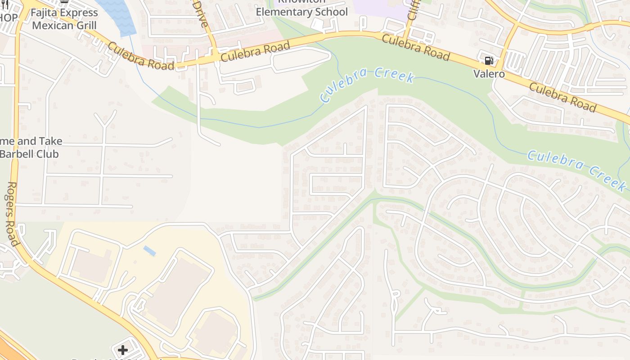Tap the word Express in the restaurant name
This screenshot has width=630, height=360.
click(80, 13)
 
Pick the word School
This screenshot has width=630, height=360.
click(331, 12)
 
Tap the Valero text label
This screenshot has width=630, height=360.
click(489, 74)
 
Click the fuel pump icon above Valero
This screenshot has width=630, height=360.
click(489, 61)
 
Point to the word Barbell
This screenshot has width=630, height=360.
click(18, 154)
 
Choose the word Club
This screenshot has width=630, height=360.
click(48, 154)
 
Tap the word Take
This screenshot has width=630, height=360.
click(49, 141)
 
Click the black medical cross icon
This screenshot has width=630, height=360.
click(123, 350)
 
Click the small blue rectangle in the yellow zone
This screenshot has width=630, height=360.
click(150, 251)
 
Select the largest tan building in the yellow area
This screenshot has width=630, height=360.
click(178, 292)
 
